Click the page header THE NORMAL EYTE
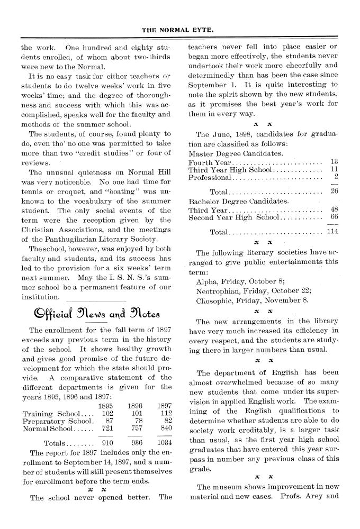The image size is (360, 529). pos(179,30)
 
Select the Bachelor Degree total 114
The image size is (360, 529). pos(332,232)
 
